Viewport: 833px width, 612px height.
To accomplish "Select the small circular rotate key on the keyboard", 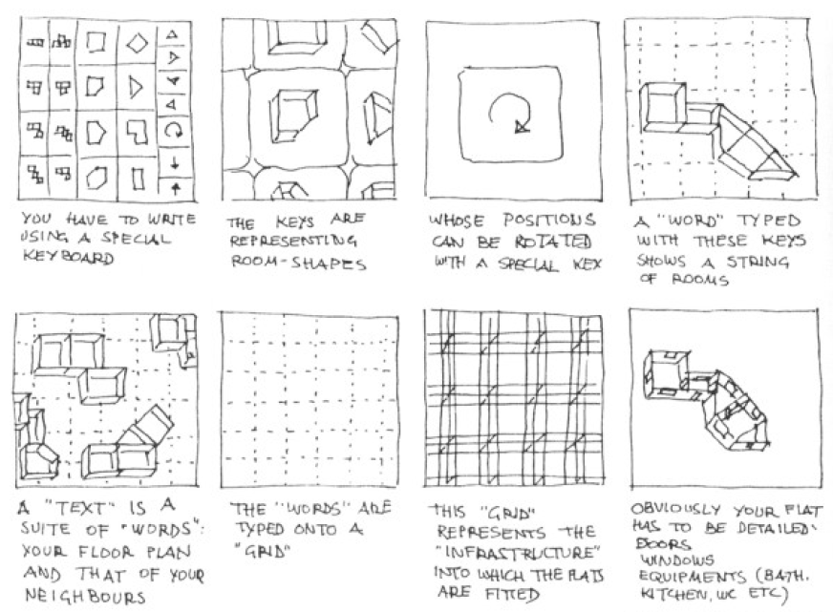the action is (173, 130).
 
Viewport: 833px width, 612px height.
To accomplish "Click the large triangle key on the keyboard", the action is (136, 87).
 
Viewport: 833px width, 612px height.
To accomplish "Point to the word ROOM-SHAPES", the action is (299, 263).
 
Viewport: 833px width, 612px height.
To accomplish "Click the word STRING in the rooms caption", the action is (757, 262).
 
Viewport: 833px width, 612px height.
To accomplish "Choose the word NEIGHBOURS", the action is (85, 596).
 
